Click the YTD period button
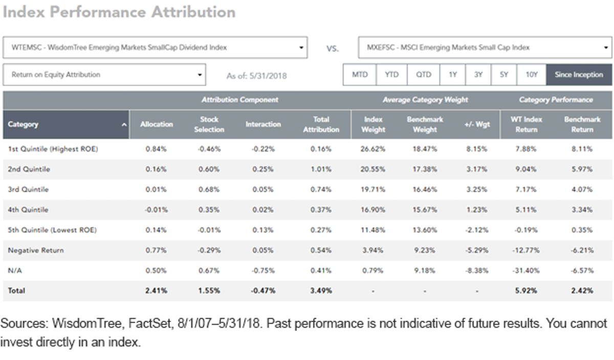[x=391, y=75]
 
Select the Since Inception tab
[x=579, y=75]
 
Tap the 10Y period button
[x=532, y=75]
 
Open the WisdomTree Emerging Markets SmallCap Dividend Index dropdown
[x=155, y=48]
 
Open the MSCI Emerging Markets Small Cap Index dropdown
[x=485, y=48]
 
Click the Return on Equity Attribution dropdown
[x=104, y=75]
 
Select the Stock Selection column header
[x=209, y=124]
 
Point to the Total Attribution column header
[x=321, y=124]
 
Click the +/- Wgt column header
[x=477, y=124]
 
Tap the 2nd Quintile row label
[x=29, y=169]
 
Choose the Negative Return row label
[x=36, y=250]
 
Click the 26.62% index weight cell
[x=373, y=149]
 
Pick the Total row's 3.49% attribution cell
[x=321, y=290]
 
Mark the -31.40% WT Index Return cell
[x=526, y=271]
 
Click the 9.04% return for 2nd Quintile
[x=526, y=169]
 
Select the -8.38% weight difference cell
[x=477, y=271]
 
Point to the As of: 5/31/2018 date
[x=256, y=76]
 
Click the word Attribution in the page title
[x=193, y=12]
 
